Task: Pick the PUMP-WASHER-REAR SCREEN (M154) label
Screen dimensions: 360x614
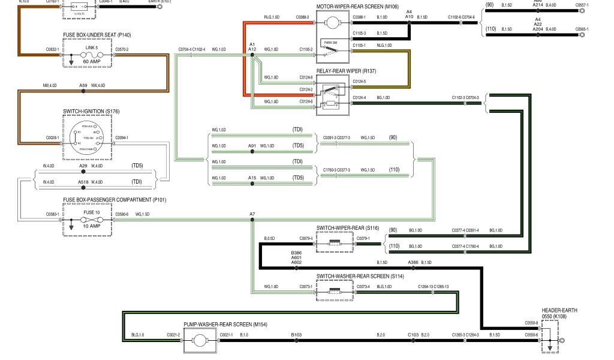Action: (x=225, y=325)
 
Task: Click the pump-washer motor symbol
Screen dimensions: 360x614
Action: (x=198, y=342)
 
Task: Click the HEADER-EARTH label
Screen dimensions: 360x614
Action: (x=559, y=311)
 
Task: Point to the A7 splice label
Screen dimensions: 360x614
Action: (x=252, y=214)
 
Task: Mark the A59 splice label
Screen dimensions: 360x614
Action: (x=83, y=86)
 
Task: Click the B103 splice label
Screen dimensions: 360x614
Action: (x=296, y=334)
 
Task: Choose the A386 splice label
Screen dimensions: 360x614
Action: (x=413, y=263)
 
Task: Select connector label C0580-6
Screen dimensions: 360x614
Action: (x=122, y=214)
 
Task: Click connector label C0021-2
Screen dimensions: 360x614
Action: (x=172, y=334)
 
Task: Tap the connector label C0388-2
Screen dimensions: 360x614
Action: (x=302, y=17)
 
